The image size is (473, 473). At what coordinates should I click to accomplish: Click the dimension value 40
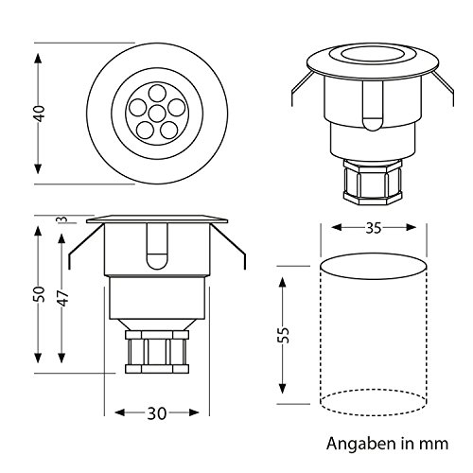[x=38, y=114]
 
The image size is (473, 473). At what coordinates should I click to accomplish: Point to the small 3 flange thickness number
[x=61, y=220]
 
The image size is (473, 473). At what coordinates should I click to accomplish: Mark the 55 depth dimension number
[x=284, y=334]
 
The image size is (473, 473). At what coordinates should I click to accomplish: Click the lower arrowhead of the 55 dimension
[x=284, y=399]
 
